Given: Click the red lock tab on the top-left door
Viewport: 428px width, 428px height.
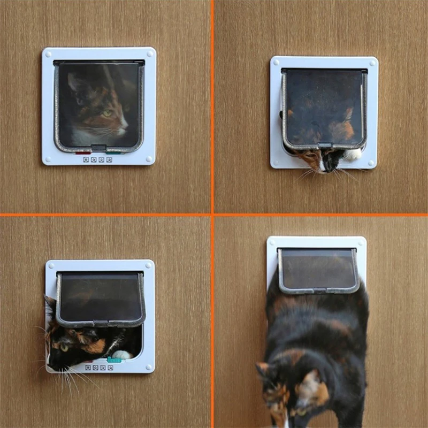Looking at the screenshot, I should click(83, 152).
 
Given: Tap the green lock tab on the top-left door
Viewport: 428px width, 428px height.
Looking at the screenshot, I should click(113, 151).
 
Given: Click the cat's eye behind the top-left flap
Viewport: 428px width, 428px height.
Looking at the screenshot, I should click(108, 113).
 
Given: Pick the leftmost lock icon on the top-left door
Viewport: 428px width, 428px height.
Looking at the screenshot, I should click(86, 159).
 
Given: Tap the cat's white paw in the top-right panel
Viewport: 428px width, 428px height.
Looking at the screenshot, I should click(352, 155).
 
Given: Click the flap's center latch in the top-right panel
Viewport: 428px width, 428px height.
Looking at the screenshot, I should click(324, 146).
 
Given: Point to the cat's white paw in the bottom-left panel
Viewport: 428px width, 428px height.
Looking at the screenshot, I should click(122, 355).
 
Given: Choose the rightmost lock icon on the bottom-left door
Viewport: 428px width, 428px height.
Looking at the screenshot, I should click(110, 368).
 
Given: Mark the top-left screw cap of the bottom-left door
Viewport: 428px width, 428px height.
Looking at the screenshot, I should click(51, 266).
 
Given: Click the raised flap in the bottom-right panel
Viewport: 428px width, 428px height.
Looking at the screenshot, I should click(318, 270).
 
